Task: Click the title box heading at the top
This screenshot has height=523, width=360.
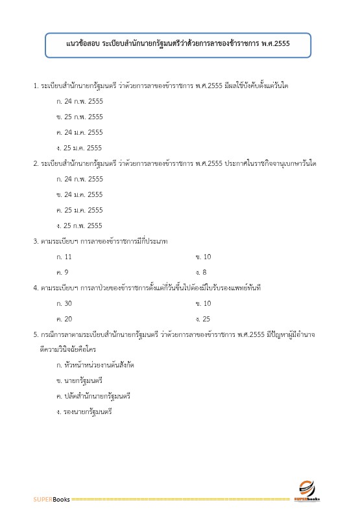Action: pos(178,45)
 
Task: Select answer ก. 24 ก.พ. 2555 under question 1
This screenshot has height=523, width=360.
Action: pos(80,101)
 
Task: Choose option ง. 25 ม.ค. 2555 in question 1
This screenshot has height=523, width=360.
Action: pos(80,148)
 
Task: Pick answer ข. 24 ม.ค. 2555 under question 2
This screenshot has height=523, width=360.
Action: pos(80,194)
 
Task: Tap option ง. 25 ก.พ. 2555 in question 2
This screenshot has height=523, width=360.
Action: pos(80,226)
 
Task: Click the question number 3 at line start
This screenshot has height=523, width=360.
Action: pos(36,241)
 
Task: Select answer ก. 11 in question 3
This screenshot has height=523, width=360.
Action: pos(64,257)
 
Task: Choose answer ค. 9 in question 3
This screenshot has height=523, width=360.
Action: pos(63,272)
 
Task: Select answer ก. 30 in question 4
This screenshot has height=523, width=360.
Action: pos(65,303)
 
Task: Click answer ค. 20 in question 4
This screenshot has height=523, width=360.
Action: pos(65,319)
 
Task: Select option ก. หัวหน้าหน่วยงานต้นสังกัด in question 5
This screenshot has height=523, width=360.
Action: pos(95,366)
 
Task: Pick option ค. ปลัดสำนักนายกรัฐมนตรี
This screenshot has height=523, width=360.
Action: pos(94,395)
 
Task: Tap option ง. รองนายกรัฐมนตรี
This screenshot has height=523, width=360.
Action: pos(84,411)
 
